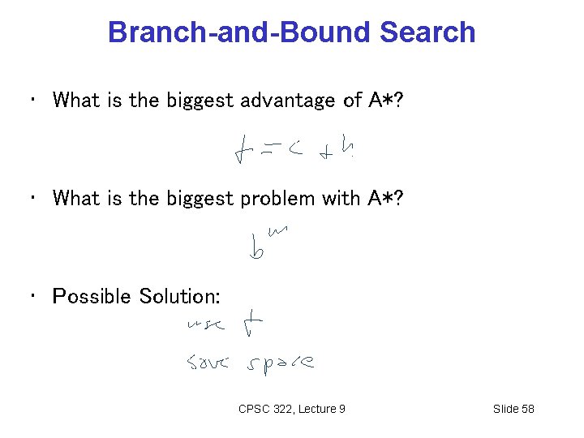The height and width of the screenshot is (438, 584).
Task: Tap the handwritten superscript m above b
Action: click(277, 233)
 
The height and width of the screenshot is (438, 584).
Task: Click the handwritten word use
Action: click(204, 327)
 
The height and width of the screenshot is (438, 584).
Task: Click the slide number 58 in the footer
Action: click(526, 409)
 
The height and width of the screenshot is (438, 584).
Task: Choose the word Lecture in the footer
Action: click(315, 409)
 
